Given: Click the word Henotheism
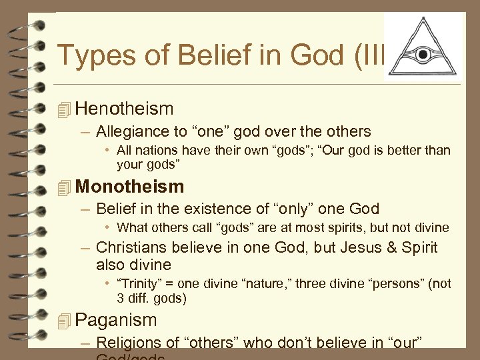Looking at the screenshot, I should click(x=124, y=109).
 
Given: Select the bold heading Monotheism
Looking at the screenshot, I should click(x=129, y=187).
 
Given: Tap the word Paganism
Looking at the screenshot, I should click(x=116, y=320).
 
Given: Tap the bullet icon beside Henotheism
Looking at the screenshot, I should click(x=64, y=109).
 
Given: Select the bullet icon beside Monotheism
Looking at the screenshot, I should click(x=64, y=187).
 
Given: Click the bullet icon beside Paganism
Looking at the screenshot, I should click(x=64, y=321).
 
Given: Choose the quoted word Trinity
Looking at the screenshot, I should click(x=138, y=283).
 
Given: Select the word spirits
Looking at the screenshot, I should click(x=341, y=227).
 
